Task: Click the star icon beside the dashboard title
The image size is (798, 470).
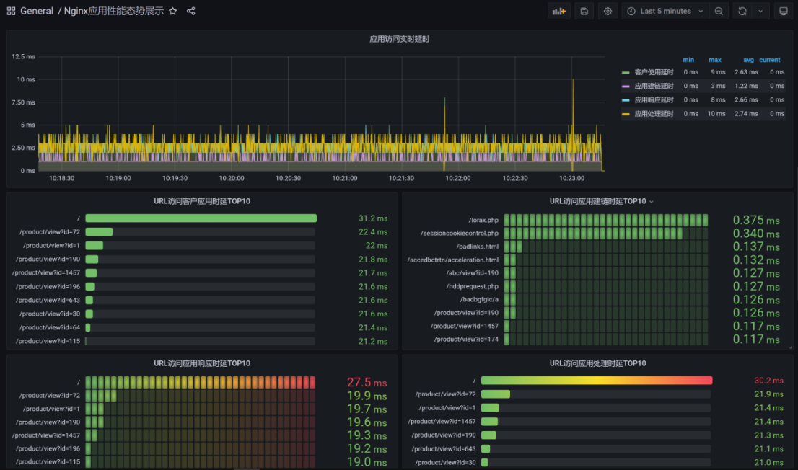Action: pyautogui.click(x=173, y=12)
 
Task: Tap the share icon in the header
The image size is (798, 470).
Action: pyautogui.click(x=191, y=12)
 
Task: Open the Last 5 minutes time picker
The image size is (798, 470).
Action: pyautogui.click(x=665, y=12)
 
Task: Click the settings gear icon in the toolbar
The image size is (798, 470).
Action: pyautogui.click(x=608, y=12)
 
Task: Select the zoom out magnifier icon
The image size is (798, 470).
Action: pyautogui.click(x=719, y=12)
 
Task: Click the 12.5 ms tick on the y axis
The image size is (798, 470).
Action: pyautogui.click(x=23, y=56)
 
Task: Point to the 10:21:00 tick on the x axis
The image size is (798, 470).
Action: pyautogui.click(x=345, y=179)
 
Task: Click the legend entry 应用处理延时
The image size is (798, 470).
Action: pyautogui.click(x=654, y=114)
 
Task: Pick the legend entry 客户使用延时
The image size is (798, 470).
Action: pyautogui.click(x=654, y=72)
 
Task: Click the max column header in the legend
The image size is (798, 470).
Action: pyautogui.click(x=714, y=60)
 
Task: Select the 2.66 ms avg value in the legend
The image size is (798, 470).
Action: pyautogui.click(x=746, y=100)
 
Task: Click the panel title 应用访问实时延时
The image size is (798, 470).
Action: pyautogui.click(x=400, y=39)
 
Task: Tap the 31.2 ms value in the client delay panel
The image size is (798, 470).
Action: pyautogui.click(x=373, y=218)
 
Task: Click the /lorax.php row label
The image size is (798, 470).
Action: pyautogui.click(x=483, y=221)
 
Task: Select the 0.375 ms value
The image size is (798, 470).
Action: pyautogui.click(x=756, y=221)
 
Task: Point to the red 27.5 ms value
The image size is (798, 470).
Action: pyautogui.click(x=367, y=383)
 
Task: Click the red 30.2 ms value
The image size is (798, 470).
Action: pyautogui.click(x=768, y=381)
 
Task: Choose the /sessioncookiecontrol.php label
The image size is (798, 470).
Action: pyautogui.click(x=460, y=234)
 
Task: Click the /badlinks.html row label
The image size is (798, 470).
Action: pyautogui.click(x=478, y=247)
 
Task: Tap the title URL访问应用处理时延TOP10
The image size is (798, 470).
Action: pyautogui.click(x=597, y=364)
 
